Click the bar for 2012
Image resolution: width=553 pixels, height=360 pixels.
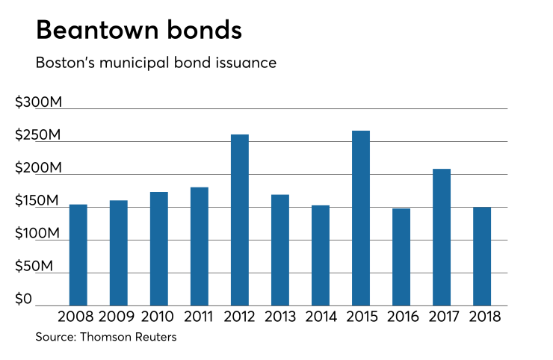[240, 220]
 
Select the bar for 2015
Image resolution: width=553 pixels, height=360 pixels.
[361, 218]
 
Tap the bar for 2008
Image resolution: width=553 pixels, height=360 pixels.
[78, 255]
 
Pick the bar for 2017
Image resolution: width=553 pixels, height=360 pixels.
[442, 238]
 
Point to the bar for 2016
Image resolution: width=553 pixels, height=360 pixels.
[401, 257]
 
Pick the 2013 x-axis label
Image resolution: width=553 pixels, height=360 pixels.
[280, 316]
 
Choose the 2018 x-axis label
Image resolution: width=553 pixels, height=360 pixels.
[482, 316]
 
